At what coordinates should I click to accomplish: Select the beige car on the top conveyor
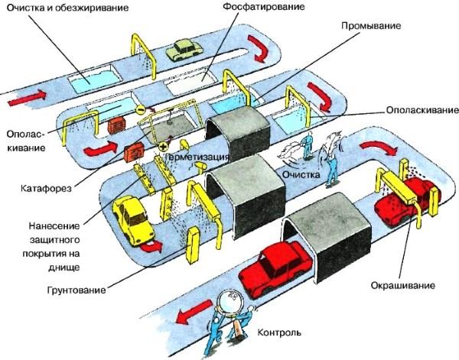click(x=183, y=50)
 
